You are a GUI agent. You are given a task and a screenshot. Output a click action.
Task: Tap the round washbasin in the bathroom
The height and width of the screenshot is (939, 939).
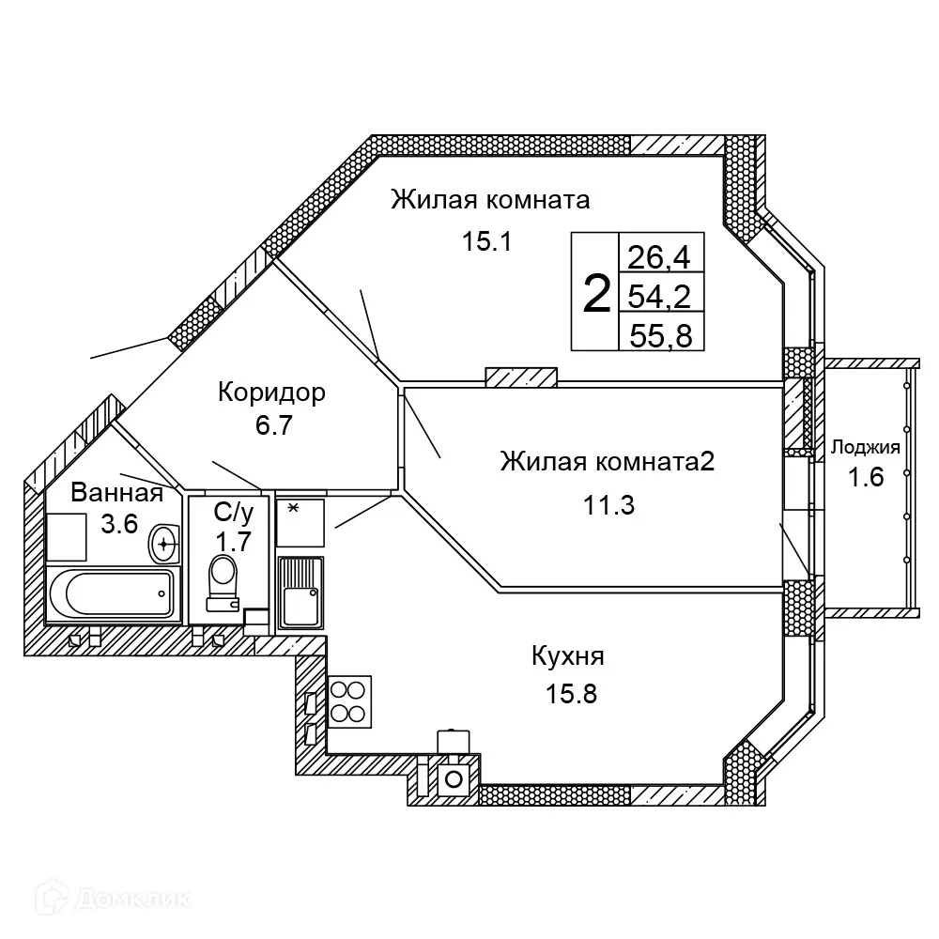166,542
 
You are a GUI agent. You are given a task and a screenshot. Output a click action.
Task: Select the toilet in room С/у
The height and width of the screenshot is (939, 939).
223,575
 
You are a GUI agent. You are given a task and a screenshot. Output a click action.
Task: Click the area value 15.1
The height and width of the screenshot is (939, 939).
485,242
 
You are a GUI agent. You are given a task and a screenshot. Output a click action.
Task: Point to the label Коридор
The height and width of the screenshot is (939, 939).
271,392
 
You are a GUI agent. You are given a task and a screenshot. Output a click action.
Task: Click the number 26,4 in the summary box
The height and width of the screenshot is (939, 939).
660,255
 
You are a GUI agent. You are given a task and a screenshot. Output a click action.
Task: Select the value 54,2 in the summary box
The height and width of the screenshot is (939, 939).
660,297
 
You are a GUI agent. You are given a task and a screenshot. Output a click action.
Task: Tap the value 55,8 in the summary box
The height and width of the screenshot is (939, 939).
660,335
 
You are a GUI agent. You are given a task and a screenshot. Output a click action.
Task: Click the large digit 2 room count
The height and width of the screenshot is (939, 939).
596,293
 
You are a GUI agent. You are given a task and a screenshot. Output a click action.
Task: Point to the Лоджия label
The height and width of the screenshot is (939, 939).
866,447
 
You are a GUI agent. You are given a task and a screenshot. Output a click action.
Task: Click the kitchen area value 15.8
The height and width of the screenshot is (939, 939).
572,695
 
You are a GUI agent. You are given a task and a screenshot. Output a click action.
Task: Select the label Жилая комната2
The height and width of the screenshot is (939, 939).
608,462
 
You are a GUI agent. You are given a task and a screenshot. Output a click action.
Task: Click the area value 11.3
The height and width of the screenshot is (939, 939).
608,506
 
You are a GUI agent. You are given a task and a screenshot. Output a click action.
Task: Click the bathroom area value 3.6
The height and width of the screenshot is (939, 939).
120,524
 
